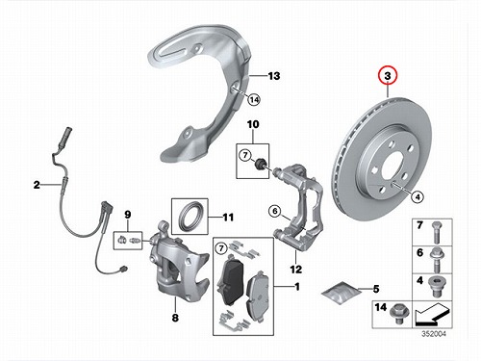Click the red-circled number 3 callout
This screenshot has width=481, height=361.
pos(388,76)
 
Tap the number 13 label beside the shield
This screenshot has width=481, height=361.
pos(273,76)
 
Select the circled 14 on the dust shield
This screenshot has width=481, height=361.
pos(254,100)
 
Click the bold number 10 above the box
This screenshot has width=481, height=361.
pos(253,124)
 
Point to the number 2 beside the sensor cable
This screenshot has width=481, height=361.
pos(37,185)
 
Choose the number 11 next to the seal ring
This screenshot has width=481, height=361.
pos(228,218)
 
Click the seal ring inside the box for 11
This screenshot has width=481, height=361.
pos(190,216)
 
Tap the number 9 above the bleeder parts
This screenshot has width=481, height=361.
pos(128,215)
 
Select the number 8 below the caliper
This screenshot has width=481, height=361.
pos(175,318)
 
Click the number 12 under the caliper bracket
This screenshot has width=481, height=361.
pos(295,269)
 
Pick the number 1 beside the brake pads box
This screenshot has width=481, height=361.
pos(297,286)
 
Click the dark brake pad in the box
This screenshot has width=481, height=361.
pos(230,280)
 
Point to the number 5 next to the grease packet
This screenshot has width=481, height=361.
pos(376,289)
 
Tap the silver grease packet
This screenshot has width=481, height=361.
pos(341,292)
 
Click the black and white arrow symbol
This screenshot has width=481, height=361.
pos(432,315)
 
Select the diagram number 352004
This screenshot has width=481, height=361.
pos(434,334)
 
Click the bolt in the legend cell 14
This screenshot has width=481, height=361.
pos(397,314)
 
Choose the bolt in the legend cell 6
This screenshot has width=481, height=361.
pos(436,259)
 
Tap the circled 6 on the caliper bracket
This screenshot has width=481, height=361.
pos(275,211)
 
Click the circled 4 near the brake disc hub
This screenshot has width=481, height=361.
pos(418,196)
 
